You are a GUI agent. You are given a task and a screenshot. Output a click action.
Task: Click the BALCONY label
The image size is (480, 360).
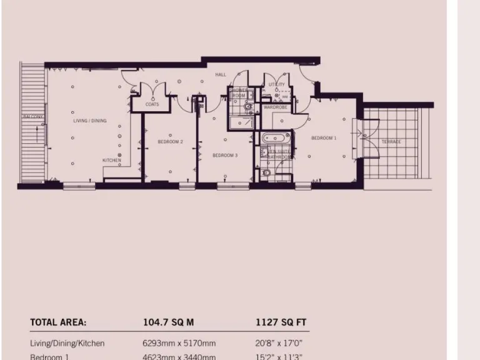[x=33, y=116]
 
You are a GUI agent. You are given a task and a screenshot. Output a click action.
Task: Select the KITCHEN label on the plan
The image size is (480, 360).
[x=111, y=160]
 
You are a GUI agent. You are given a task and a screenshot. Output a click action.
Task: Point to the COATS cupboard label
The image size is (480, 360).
[x=152, y=104]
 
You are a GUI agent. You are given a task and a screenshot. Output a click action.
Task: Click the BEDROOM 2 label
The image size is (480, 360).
[x=170, y=142]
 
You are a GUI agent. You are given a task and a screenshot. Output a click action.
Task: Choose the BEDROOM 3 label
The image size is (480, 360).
[x=225, y=155]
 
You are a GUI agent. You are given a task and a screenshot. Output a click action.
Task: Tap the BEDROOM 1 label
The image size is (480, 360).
[x=324, y=137]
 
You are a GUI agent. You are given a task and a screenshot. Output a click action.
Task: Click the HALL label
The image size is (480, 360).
[x=221, y=74]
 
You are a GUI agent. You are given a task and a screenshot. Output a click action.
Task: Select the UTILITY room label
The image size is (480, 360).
[x=276, y=84]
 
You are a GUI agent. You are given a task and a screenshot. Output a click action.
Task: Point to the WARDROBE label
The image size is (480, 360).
[x=275, y=107]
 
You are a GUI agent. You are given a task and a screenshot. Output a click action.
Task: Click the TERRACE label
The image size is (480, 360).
[x=391, y=142]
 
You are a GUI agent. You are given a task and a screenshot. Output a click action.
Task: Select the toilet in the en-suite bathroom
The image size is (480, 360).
[x=267, y=172]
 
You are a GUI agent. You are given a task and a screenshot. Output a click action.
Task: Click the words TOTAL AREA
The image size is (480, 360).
[x=58, y=322]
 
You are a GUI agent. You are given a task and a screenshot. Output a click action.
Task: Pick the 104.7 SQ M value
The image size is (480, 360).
[x=168, y=322]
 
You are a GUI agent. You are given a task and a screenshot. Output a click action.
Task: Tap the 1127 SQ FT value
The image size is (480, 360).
[x=281, y=322]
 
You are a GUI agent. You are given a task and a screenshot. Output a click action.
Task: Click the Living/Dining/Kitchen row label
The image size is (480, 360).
[x=67, y=343]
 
